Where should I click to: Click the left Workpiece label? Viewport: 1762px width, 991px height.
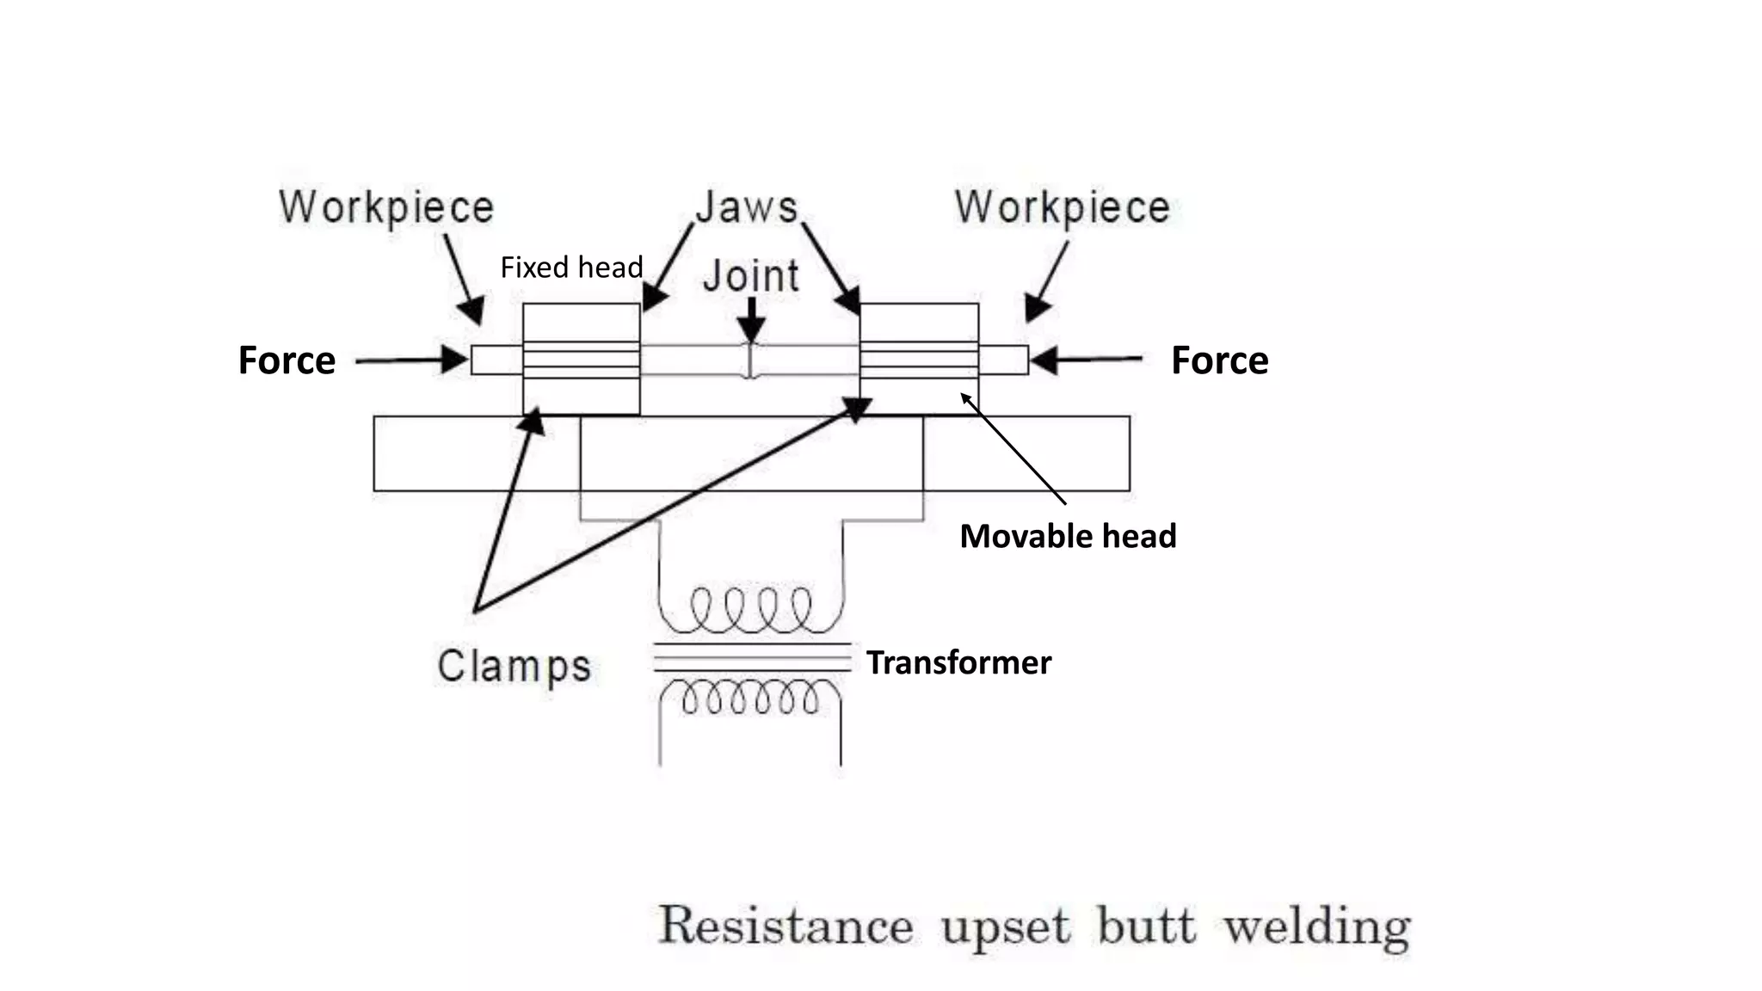(386, 208)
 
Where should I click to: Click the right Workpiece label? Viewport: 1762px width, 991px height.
(1063, 208)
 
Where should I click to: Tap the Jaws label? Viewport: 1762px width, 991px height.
(747, 207)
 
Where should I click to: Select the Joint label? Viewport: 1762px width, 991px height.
(751, 276)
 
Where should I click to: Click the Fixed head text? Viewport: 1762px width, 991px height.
(571, 268)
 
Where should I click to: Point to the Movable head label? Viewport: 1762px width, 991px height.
(1068, 536)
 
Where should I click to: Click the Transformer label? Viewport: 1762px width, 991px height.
(958, 662)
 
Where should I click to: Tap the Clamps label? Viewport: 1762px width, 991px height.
(514, 667)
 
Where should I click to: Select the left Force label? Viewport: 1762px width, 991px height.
(286, 360)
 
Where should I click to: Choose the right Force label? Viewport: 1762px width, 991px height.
(1219, 360)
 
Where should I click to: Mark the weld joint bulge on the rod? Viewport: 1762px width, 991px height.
(750, 360)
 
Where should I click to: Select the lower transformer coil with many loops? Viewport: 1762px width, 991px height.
(750, 696)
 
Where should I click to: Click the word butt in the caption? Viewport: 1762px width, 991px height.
(1146, 926)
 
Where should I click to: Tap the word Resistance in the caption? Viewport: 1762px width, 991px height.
(786, 926)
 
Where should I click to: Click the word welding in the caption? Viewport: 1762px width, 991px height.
(1316, 927)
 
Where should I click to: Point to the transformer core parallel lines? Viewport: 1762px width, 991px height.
(752, 657)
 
